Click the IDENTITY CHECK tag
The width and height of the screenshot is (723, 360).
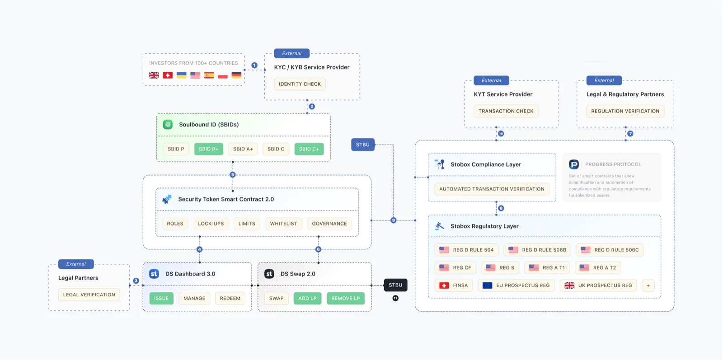[x=300, y=84]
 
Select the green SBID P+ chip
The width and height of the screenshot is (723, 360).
[x=208, y=149]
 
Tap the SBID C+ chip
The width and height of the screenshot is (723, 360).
[x=309, y=149]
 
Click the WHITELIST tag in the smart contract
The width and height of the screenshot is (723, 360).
[x=283, y=224]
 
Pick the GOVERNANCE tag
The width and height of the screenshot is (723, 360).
[x=329, y=224]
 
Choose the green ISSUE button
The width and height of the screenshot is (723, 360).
[x=161, y=298]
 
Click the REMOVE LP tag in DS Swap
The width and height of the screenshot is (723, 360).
[x=345, y=298]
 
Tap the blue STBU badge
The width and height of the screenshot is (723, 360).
[x=362, y=145]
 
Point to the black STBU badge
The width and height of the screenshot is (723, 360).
[x=395, y=285]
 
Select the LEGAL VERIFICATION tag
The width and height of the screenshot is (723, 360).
[x=89, y=295]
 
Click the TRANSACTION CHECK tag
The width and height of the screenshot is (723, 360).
[x=506, y=111]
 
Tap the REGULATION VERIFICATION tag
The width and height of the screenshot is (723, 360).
[x=625, y=111]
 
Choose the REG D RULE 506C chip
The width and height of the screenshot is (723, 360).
[x=610, y=250]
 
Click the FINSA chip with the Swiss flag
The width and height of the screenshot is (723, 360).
[x=454, y=285]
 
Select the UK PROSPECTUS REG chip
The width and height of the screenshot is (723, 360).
[x=598, y=285]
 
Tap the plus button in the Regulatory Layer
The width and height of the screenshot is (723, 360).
[x=648, y=285]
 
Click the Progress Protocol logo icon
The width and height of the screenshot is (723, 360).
[x=574, y=164]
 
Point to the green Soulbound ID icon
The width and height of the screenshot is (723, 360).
[x=168, y=125]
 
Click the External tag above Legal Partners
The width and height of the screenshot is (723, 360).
[x=76, y=264]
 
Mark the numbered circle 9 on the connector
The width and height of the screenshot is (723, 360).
[x=393, y=220]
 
